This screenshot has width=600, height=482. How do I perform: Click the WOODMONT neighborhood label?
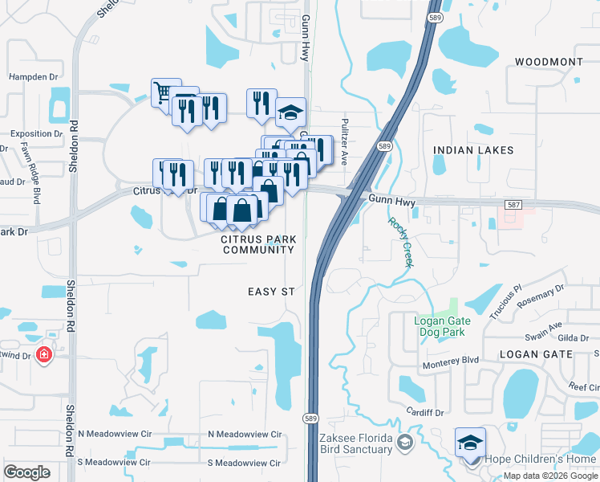(549, 62)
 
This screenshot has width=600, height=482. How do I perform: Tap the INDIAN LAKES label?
(466, 150)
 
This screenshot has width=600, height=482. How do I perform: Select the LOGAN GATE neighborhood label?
(536, 353)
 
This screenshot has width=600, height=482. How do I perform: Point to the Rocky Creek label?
(399, 243)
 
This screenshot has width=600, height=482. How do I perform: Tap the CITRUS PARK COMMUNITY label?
(258, 245)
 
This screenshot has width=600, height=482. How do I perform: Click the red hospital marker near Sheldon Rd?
(44, 354)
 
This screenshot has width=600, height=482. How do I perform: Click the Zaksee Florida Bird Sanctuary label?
(355, 443)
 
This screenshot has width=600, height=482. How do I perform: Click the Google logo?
(27, 472)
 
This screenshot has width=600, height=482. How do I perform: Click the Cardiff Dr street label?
(425, 413)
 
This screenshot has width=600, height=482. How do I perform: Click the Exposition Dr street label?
(36, 134)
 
